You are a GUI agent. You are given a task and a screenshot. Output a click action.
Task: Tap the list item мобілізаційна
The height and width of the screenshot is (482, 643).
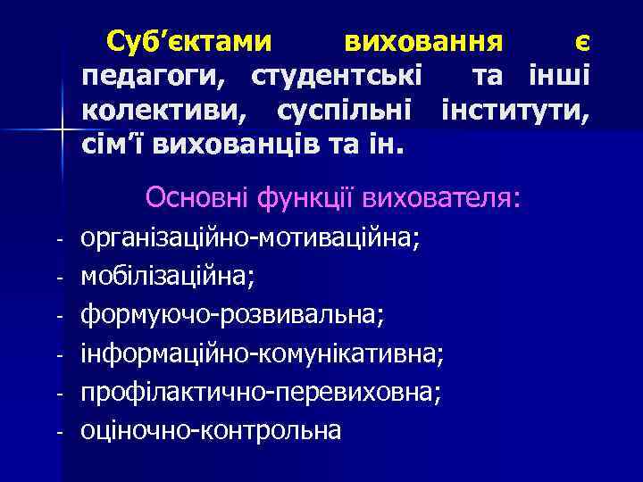168,277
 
